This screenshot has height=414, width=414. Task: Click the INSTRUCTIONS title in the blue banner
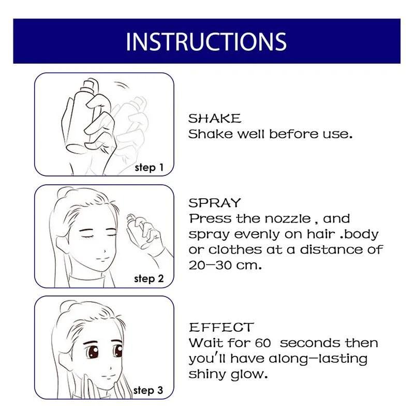[206, 41]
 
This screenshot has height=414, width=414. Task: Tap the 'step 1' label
[149, 168]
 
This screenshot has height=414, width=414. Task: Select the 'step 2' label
[149, 279]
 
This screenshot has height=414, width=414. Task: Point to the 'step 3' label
[149, 390]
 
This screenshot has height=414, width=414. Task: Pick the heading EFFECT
[221, 328]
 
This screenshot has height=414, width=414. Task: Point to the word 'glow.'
[249, 374]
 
